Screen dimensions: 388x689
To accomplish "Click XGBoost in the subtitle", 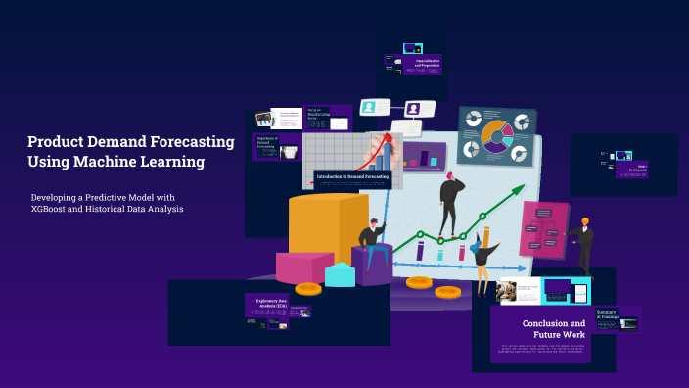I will click(56, 209).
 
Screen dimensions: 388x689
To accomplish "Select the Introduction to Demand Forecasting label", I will click(352, 178).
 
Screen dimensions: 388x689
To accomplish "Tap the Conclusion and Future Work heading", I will click(553, 329).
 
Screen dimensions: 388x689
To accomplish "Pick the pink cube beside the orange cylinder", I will click(303, 267).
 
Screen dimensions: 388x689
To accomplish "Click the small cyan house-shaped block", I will click(340, 274).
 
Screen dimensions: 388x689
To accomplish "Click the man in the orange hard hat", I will click(583, 245).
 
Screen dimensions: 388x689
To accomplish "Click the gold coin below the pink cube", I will click(308, 289).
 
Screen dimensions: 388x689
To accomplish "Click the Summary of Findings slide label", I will click(608, 314).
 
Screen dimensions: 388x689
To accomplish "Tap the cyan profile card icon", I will click(369, 106).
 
